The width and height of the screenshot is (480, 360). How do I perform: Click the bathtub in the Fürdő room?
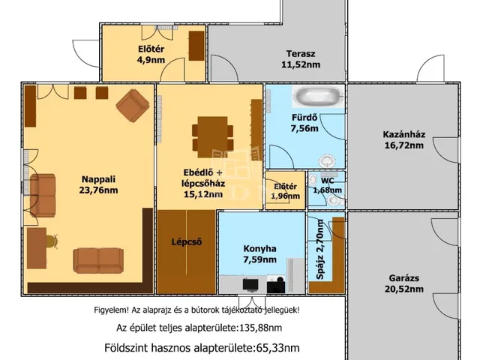click(x=318, y=96)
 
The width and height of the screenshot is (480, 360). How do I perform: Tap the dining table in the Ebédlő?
click(x=213, y=136)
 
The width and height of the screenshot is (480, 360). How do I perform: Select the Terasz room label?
click(x=301, y=54)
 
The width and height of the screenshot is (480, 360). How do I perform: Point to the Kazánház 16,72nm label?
click(x=404, y=139)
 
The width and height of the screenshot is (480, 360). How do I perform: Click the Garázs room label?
click(x=404, y=278)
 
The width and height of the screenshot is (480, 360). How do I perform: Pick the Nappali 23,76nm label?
click(x=98, y=184)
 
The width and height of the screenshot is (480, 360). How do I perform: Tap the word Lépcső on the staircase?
click(x=187, y=241)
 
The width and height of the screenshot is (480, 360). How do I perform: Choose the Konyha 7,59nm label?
click(x=260, y=254)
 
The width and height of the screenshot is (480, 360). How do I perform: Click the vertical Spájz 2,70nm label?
click(x=320, y=249)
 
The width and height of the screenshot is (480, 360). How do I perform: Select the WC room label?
click(x=327, y=181)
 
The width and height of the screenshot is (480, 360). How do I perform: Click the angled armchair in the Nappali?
click(x=133, y=105)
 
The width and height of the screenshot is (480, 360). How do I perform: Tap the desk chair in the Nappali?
click(x=52, y=241)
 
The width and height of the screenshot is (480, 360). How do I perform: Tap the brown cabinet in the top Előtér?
click(x=196, y=46)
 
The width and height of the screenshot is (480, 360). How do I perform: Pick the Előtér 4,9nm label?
click(x=151, y=54)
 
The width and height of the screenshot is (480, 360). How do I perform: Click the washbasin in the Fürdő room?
click(x=327, y=160)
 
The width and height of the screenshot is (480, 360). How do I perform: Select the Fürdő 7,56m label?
click(x=304, y=123)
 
